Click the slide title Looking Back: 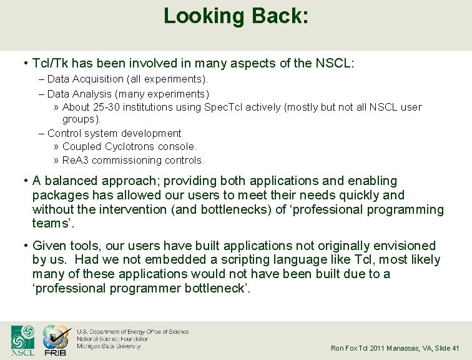click(x=235, y=16)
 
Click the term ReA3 click(x=76, y=161)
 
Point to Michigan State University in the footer click(x=109, y=346)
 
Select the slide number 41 click(x=455, y=348)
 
